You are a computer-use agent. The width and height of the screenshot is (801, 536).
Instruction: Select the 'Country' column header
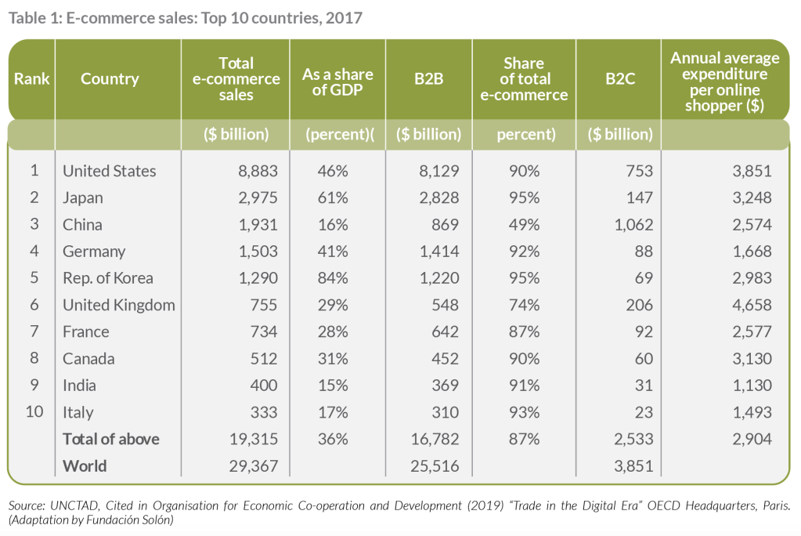pos(110,79)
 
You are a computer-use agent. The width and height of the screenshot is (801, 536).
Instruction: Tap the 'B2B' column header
pos(429,79)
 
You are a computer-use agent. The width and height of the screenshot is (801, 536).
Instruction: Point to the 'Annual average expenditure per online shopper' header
pos(724,81)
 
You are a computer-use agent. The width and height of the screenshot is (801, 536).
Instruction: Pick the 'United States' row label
pos(110,171)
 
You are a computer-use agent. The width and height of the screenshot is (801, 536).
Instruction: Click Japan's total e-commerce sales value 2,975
pos(259,197)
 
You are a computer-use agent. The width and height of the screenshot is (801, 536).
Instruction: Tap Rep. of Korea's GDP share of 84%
pos(332,278)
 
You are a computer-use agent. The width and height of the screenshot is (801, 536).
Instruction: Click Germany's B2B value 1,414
pos(439,252)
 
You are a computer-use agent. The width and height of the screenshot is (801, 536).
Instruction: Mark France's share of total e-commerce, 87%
pos(523,331)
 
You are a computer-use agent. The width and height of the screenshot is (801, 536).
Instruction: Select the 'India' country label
pos(78,386)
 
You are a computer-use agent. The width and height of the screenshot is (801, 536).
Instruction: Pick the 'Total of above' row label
pos(110,439)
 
